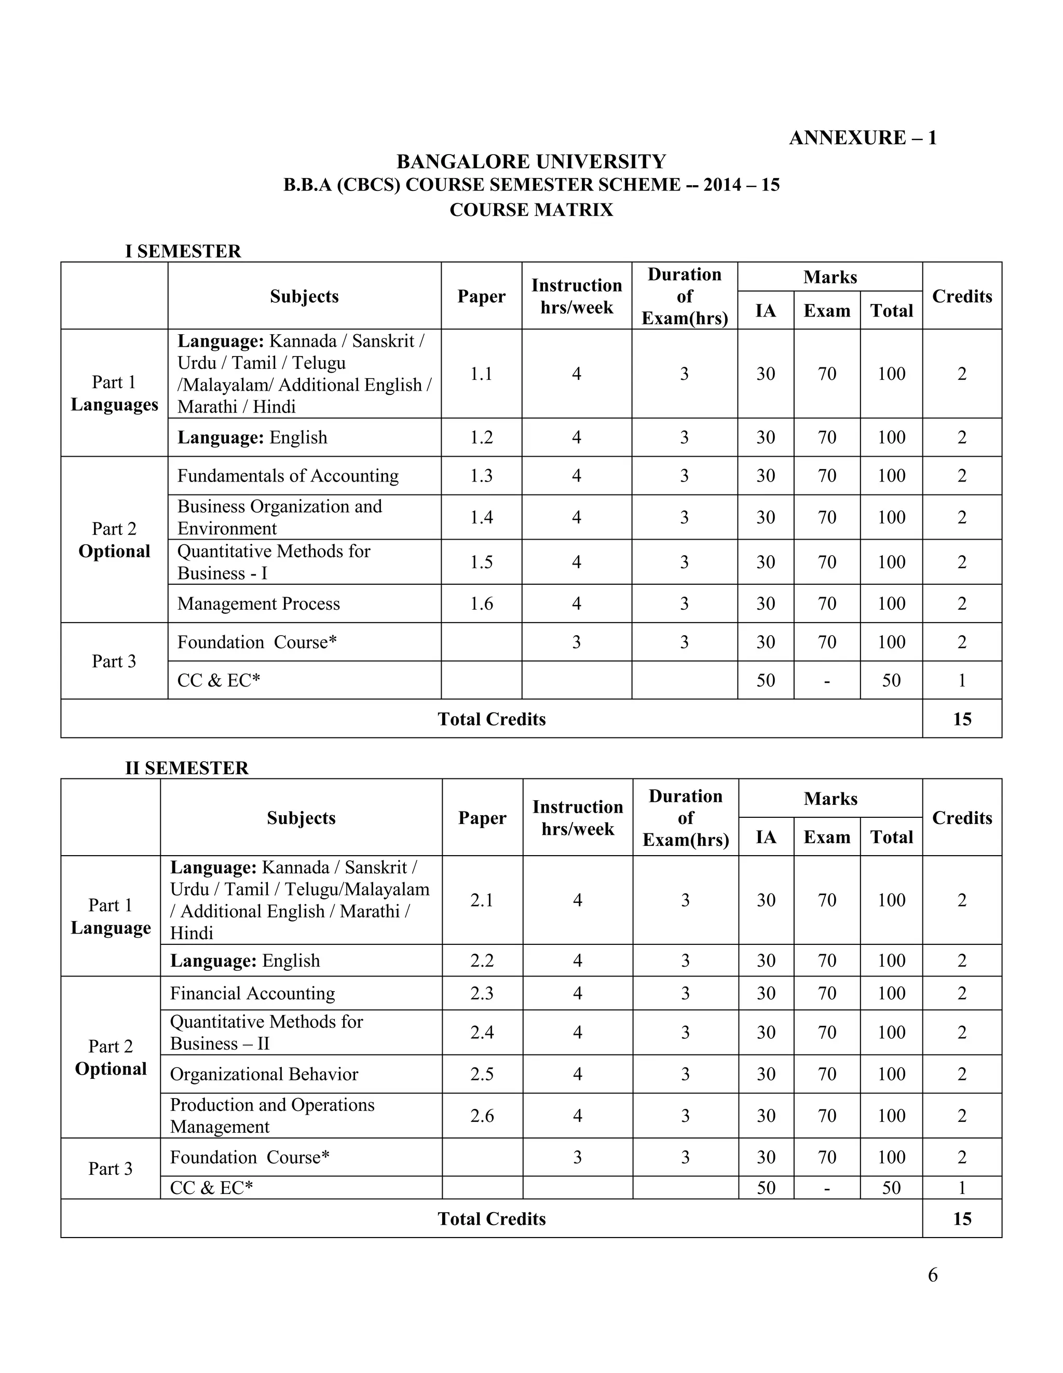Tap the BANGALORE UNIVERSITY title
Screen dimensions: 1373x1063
click(531, 161)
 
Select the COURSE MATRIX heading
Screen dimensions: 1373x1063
click(531, 210)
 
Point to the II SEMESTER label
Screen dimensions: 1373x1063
click(187, 768)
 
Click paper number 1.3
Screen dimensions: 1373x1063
click(481, 476)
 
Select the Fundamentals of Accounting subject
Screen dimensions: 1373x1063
click(288, 476)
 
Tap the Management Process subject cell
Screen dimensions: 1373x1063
click(258, 603)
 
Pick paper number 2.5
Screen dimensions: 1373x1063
click(482, 1075)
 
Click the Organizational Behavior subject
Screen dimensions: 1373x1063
click(264, 1075)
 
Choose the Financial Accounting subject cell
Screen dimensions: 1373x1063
click(252, 993)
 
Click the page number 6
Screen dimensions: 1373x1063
click(932, 1275)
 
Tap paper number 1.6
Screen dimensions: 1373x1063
click(481, 603)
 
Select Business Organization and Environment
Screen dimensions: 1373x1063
click(279, 517)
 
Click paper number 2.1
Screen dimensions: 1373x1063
click(482, 900)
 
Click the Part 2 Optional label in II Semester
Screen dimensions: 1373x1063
click(111, 1058)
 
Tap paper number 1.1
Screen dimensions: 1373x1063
click(481, 374)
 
